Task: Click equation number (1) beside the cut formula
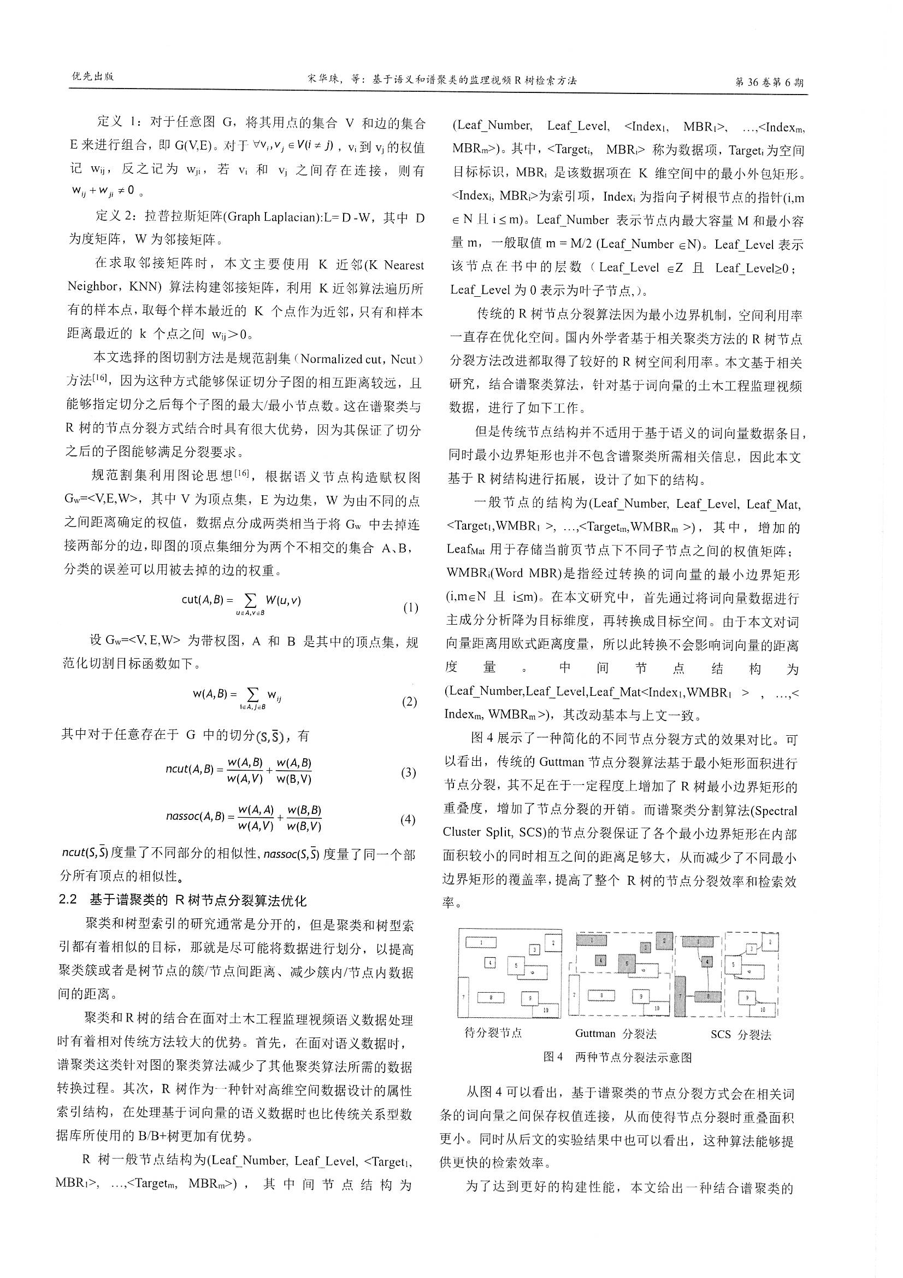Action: click(x=410, y=608)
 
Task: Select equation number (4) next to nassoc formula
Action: click(x=408, y=820)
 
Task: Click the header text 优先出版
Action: click(x=92, y=77)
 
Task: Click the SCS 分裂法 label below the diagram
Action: click(x=741, y=1035)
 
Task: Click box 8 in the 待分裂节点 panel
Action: click(x=491, y=998)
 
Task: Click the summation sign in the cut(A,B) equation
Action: click(x=250, y=600)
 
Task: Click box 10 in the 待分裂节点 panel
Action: click(x=545, y=1009)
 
